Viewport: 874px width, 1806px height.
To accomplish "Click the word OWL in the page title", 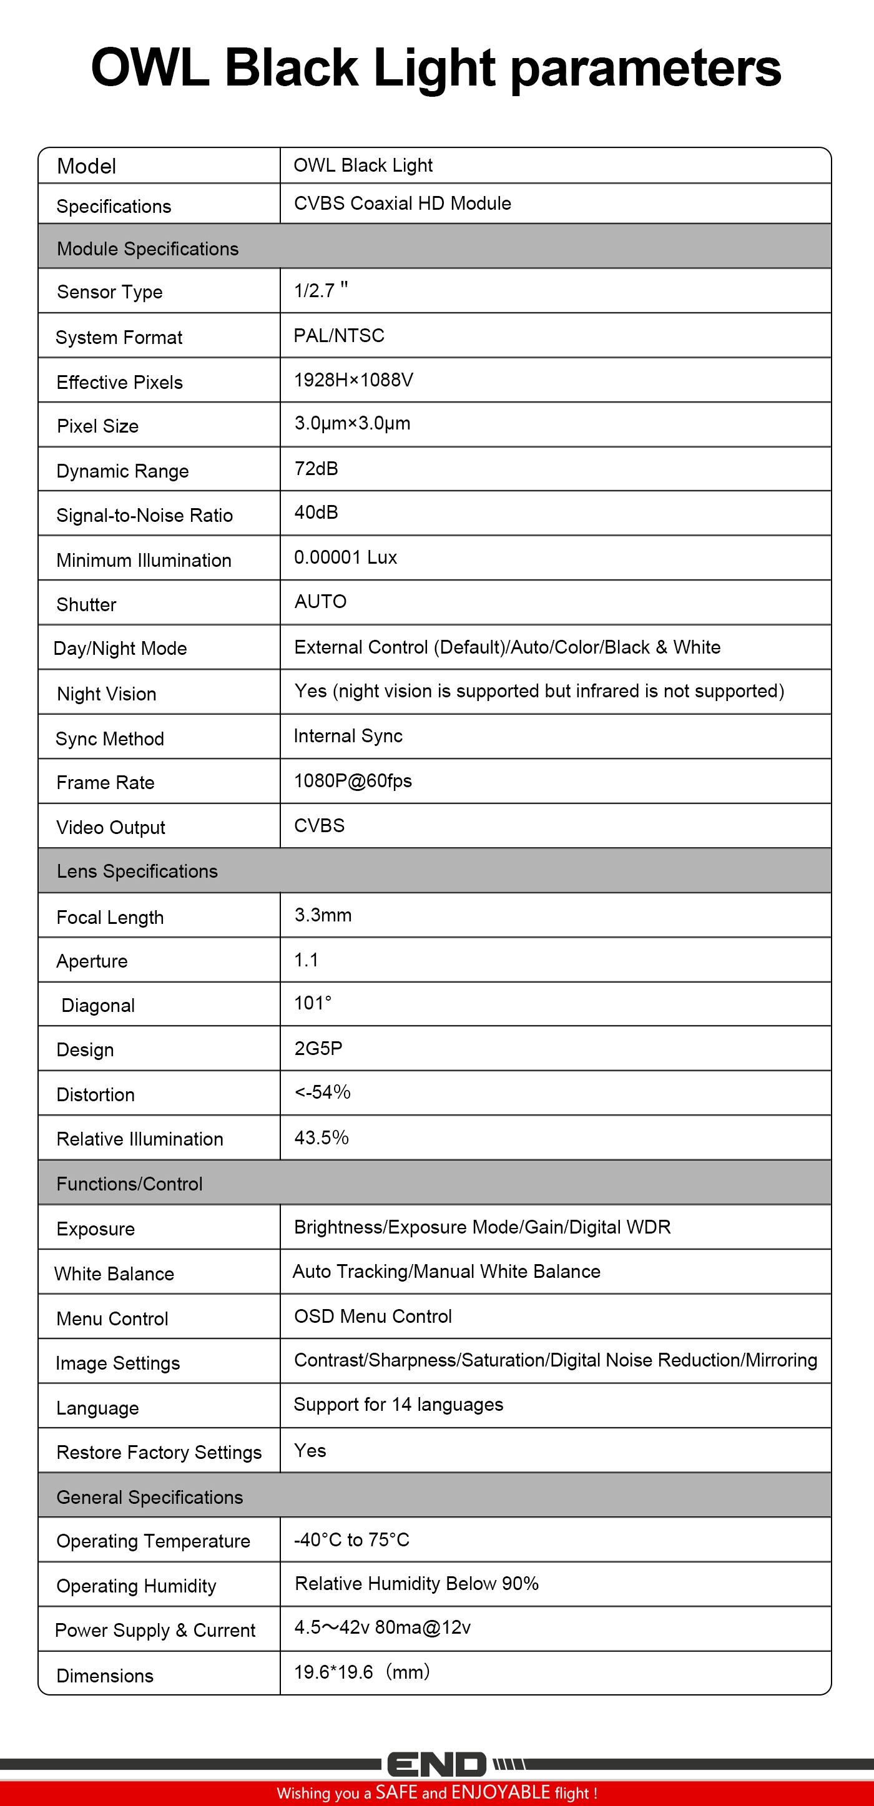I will point(150,68).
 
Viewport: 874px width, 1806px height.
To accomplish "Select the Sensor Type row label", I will point(109,292).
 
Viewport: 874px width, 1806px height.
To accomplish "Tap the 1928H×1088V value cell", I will point(353,380).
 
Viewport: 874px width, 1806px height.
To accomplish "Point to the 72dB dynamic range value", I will point(316,468).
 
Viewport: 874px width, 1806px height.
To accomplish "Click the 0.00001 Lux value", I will point(345,557).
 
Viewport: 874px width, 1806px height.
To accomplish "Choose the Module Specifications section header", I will point(148,249).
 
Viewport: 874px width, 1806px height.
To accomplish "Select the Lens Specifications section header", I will point(137,871).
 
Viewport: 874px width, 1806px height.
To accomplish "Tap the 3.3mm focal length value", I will point(323,915).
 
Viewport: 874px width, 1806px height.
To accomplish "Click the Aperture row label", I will point(92,961).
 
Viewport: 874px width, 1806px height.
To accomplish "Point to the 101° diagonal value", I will point(313,1003).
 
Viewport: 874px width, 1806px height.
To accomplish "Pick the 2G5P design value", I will point(318,1048).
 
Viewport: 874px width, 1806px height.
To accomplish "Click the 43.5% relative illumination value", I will point(321,1137).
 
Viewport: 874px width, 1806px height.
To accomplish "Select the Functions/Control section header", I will point(130,1184).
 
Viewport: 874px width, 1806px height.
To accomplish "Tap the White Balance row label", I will point(114,1274).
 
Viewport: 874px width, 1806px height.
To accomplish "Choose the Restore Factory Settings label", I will point(159,1453).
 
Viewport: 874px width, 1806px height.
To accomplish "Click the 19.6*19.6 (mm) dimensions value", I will point(361,1672).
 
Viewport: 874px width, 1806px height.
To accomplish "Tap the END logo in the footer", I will point(436,1764).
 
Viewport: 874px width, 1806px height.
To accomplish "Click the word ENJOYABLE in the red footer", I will point(501,1792).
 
